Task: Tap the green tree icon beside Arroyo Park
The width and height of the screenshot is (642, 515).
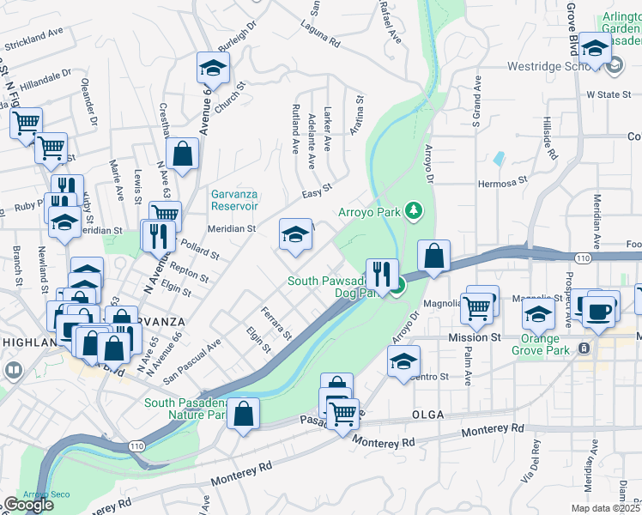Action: [414, 210]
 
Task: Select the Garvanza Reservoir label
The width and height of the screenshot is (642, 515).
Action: [234, 200]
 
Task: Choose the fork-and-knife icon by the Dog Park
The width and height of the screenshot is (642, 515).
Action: [382, 274]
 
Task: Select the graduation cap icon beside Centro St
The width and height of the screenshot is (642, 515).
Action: [403, 362]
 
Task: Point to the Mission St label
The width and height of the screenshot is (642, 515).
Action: [474, 338]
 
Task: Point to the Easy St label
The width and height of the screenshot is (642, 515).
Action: [317, 189]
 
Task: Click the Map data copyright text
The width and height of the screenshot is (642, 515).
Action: [604, 508]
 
